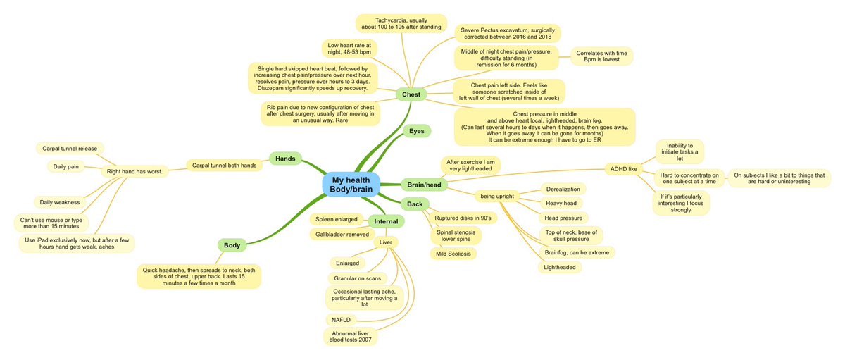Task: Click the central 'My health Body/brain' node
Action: click(351, 185)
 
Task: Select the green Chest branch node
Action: click(411, 94)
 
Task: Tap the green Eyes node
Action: click(416, 131)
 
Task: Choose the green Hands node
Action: click(285, 159)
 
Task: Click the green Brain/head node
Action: click(423, 185)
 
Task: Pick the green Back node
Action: click(414, 204)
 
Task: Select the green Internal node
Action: click(385, 221)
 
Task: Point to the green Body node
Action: click(232, 245)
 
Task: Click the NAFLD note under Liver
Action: click(341, 320)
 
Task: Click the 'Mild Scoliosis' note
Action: click(453, 254)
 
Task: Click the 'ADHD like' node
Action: click(624, 168)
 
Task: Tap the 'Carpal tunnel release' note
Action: click(69, 149)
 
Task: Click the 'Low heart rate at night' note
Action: click(350, 49)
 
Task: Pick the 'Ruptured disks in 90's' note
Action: click(467, 218)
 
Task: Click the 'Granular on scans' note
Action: click(357, 278)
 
